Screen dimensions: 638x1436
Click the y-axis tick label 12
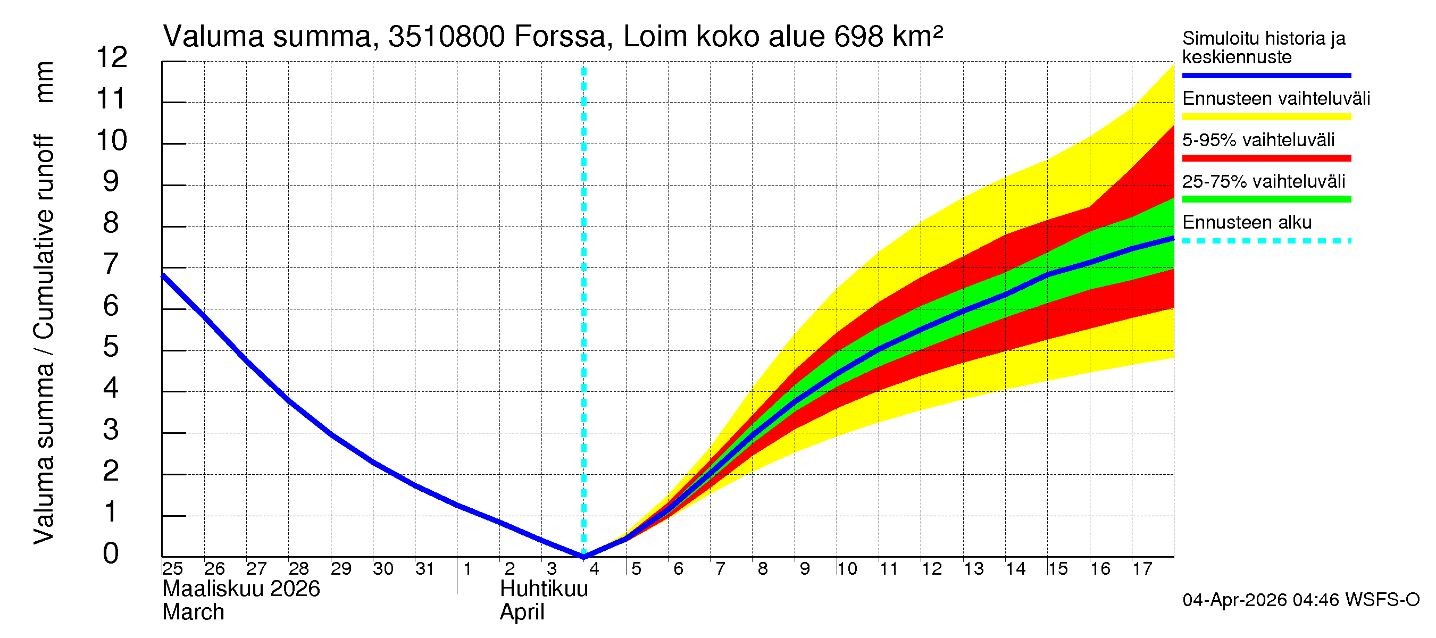[112, 57]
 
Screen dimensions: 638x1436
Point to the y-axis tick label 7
[111, 264]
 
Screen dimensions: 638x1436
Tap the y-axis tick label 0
[111, 553]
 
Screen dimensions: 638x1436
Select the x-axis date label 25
[172, 568]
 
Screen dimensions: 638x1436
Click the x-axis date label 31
[425, 568]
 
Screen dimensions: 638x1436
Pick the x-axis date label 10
[847, 568]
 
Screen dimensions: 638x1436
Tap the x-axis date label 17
[1142, 568]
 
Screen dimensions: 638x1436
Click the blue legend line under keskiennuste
[1266, 75]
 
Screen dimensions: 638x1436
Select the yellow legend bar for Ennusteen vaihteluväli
[1266, 117]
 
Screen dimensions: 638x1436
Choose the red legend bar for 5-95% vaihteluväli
[1266, 158]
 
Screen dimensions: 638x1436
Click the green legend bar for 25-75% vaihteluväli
[1266, 199]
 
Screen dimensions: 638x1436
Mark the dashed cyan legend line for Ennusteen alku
[1266, 241]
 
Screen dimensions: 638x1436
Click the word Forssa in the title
[559, 37]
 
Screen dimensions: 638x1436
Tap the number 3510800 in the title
[447, 37]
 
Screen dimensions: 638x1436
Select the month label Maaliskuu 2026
[241, 589]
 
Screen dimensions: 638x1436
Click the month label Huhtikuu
[544, 589]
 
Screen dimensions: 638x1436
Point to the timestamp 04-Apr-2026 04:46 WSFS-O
[1300, 600]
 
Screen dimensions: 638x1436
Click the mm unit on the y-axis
[45, 82]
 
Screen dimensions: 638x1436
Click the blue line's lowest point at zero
[583, 556]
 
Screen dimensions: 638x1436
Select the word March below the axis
[193, 612]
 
